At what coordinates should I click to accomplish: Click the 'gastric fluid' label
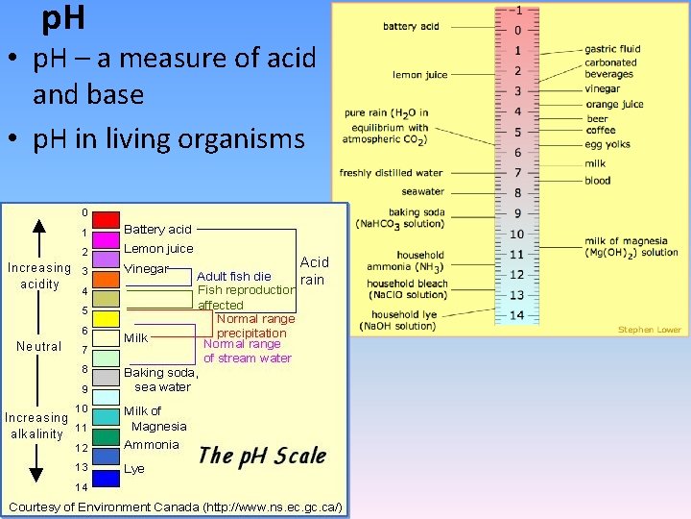click(x=612, y=49)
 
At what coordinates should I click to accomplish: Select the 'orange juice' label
click(x=614, y=104)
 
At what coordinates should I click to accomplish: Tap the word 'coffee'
click(x=601, y=130)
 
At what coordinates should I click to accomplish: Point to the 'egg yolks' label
click(x=608, y=144)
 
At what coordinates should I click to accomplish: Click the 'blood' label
click(x=598, y=180)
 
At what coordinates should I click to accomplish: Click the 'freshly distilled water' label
click(x=391, y=173)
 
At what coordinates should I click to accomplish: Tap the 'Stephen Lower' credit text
click(x=649, y=330)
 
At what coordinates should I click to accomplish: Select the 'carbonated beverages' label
click(x=610, y=68)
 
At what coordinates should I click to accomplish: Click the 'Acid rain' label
click(x=313, y=270)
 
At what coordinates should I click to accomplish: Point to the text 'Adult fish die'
click(x=234, y=277)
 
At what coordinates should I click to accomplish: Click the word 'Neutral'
click(x=38, y=347)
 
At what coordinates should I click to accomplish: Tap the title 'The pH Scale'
click(x=262, y=456)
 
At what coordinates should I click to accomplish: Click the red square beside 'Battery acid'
click(x=106, y=220)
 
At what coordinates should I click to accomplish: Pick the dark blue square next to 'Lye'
click(x=106, y=478)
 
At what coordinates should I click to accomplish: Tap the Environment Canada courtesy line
click(x=176, y=507)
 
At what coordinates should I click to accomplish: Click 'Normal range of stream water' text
click(x=247, y=351)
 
